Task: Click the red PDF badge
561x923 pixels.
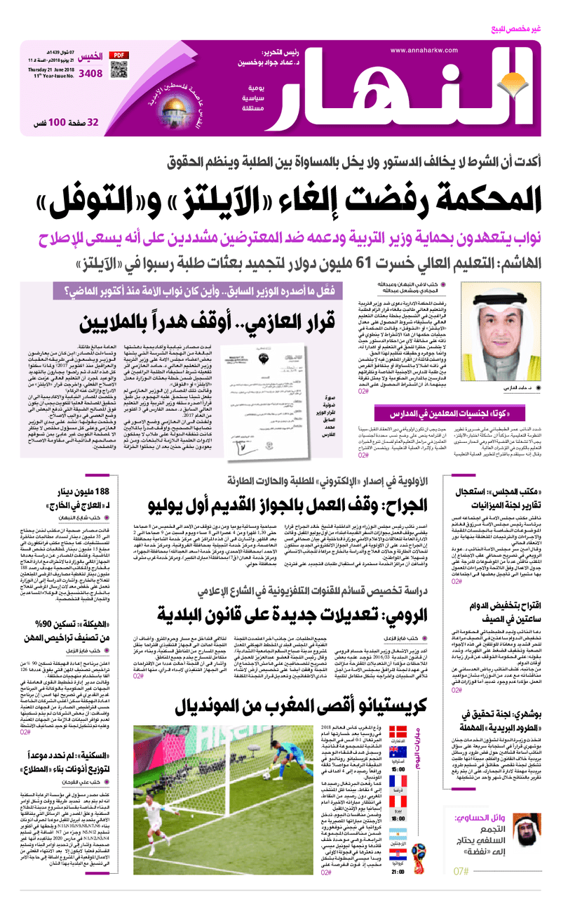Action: click(118, 53)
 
